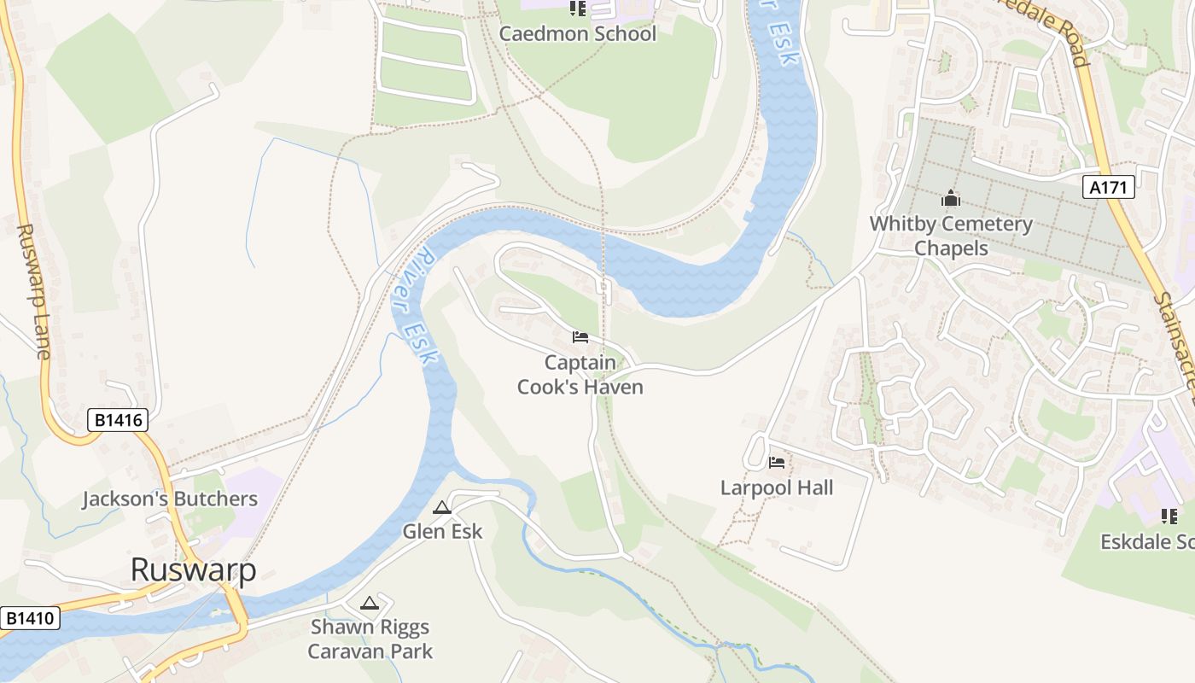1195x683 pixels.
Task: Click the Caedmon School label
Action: [577, 34]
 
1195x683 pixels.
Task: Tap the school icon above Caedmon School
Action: [578, 9]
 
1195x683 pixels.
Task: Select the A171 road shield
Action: [1109, 187]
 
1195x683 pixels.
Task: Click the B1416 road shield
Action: [118, 420]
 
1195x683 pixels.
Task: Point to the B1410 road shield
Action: [30, 618]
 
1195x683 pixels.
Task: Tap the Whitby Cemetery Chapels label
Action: [951, 236]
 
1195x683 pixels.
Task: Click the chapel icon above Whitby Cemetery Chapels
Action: [951, 199]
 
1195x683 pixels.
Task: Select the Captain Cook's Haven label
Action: [580, 375]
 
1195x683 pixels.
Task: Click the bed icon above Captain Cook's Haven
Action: [580, 337]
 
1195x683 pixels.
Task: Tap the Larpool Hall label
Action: [777, 488]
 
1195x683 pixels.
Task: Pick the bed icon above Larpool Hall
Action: [777, 463]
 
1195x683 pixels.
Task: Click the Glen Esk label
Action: [442, 531]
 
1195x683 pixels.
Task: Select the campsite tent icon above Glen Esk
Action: [441, 508]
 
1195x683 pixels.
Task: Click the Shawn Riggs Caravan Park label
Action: [370, 639]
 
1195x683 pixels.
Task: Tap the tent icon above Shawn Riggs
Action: [369, 604]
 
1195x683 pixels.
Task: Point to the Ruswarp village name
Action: [193, 570]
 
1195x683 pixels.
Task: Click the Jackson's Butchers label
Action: [170, 499]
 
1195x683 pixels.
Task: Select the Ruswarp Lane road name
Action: [33, 290]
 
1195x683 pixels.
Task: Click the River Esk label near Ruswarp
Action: [415, 306]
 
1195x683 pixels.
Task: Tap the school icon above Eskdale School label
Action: [1169, 516]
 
